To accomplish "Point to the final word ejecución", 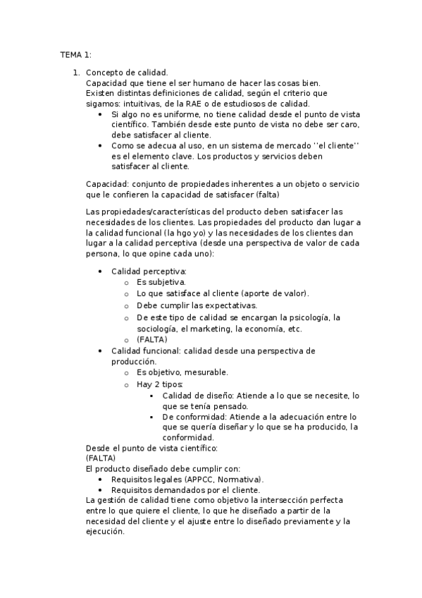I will [105, 532].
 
